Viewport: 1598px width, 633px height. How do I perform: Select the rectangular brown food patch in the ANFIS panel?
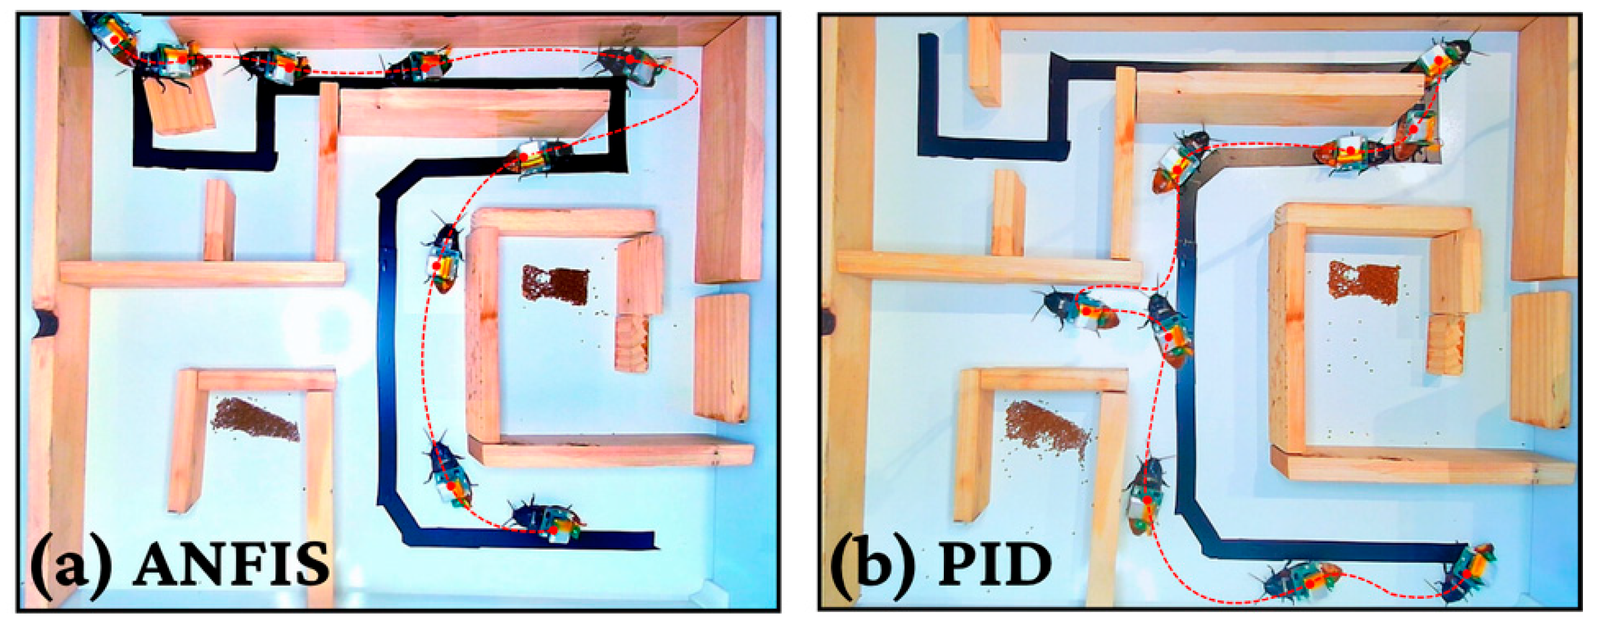pos(555,285)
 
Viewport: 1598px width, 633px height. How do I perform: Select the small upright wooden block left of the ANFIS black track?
pos(219,220)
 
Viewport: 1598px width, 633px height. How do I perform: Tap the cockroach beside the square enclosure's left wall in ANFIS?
pos(443,261)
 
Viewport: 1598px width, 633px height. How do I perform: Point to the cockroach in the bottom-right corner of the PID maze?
pos(1467,573)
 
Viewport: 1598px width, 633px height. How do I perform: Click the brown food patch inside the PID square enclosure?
pos(1363,283)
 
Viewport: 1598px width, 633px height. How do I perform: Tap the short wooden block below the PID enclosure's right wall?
pos(1445,345)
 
